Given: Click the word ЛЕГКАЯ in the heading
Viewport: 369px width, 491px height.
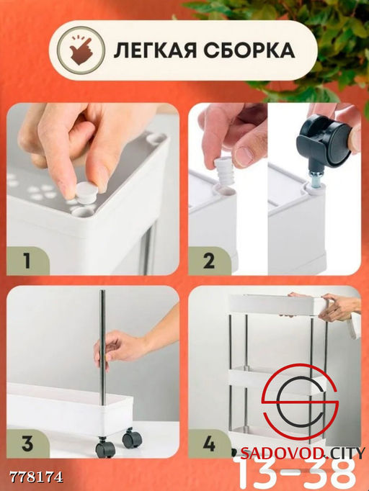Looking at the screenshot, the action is (156, 50).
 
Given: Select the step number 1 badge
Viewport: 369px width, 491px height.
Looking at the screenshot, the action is (27, 261).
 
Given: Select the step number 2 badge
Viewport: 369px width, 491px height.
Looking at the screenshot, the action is (209, 261).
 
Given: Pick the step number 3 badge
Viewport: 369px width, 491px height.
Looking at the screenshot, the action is (27, 443).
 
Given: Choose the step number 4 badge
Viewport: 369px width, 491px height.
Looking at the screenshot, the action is (209, 443).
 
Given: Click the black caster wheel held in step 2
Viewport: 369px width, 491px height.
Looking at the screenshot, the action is (324, 139).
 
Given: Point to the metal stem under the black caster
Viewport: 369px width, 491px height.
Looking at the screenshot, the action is (314, 178).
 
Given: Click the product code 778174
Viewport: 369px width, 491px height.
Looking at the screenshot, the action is (36, 477).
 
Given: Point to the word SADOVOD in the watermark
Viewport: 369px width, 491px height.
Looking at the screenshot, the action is (271, 453).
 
